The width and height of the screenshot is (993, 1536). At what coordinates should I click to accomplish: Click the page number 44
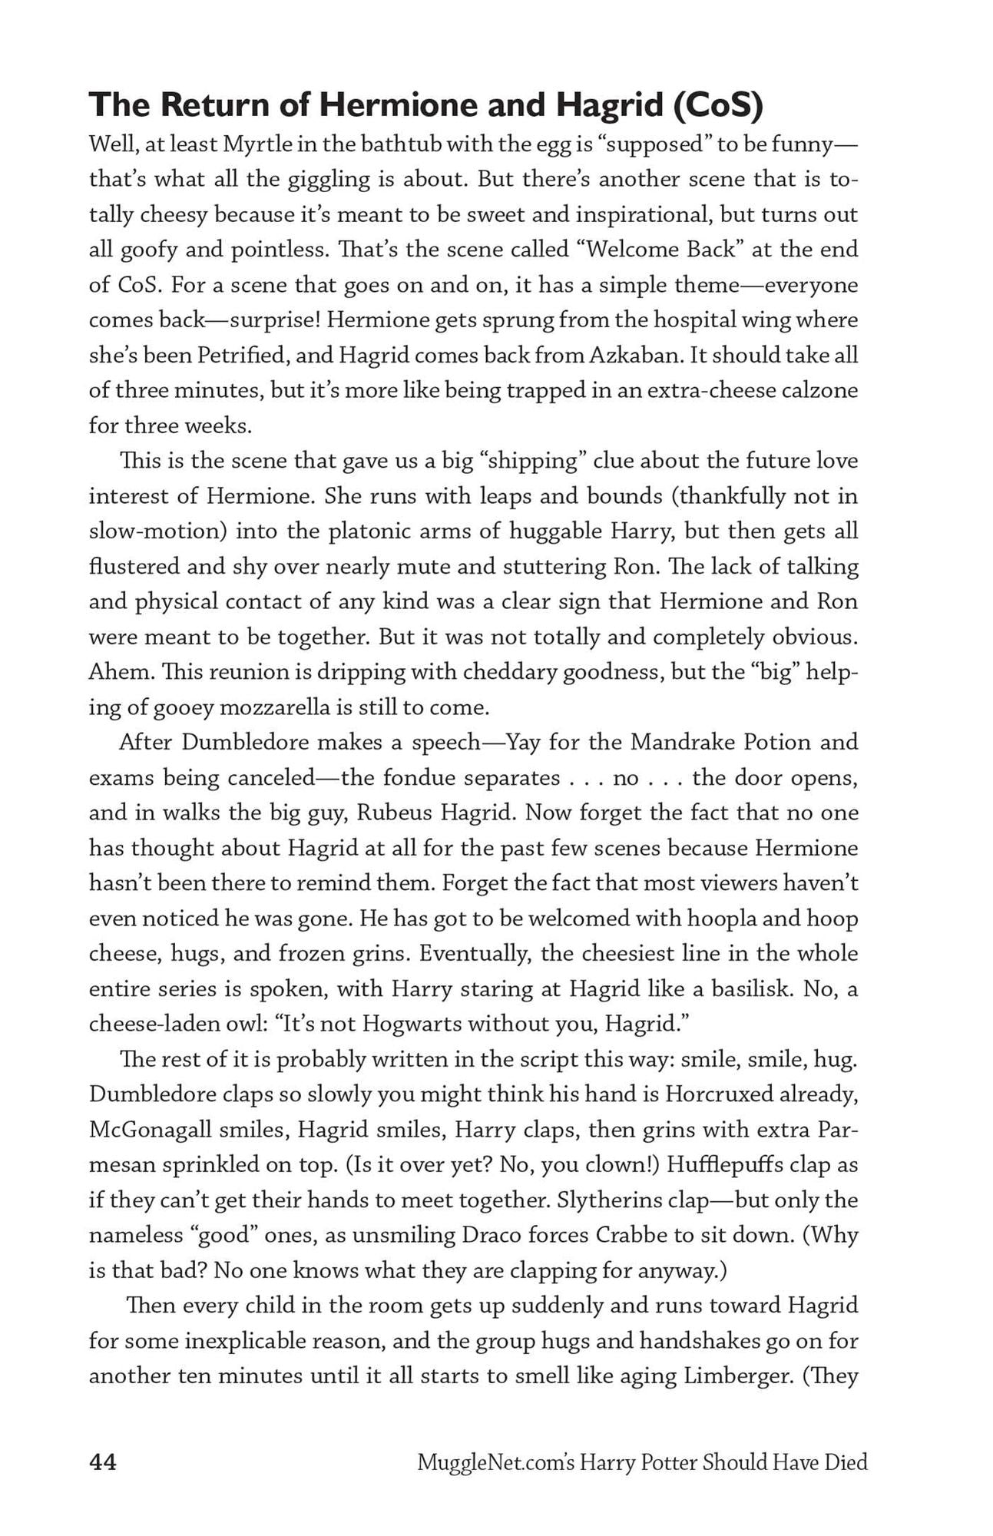coord(103,1462)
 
